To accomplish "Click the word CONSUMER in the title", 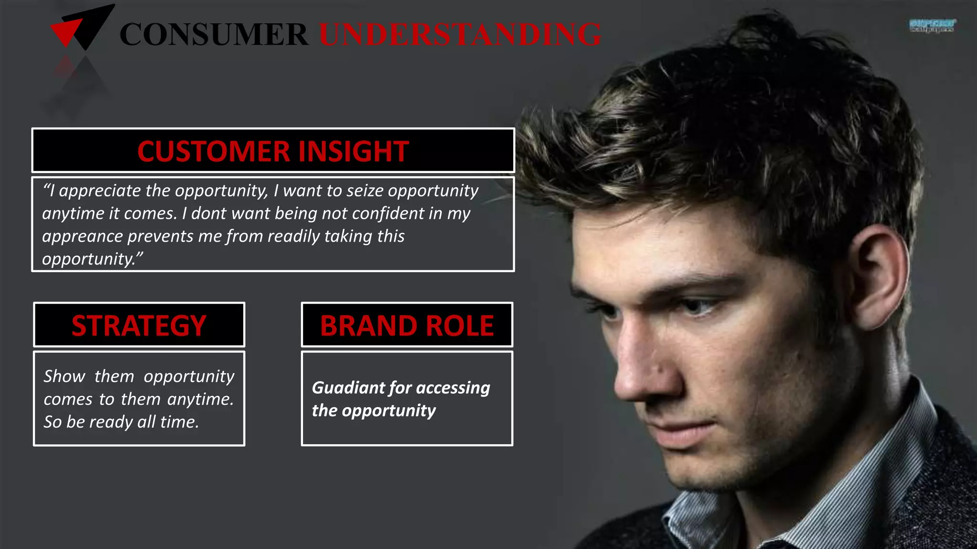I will (214, 34).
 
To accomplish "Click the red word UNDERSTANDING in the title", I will (460, 34).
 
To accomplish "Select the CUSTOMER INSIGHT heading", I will (273, 151).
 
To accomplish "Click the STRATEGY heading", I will (139, 325).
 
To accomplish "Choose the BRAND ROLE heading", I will (407, 325).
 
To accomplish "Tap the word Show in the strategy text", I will (64, 376).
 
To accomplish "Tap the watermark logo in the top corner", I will (932, 25).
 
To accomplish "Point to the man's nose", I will (634, 376).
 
